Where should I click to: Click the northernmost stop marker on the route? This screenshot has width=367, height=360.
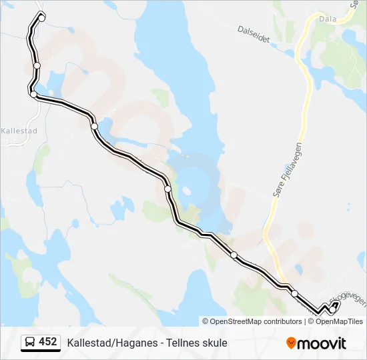pos(41,18)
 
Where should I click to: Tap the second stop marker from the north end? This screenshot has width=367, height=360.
pos(37,65)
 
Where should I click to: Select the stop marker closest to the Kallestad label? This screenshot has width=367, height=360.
pos(33,95)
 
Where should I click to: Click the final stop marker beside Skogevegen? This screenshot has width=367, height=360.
pos(332,309)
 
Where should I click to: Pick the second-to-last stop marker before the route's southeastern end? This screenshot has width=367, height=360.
pos(294,293)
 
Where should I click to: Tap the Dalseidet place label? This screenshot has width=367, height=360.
pos(254,35)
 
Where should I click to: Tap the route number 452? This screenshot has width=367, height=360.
pos(48,342)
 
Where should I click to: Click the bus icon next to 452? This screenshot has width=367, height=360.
pos(30,343)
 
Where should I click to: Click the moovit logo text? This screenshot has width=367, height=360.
pos(322,343)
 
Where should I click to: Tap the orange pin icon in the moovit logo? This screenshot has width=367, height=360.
pos(291,343)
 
